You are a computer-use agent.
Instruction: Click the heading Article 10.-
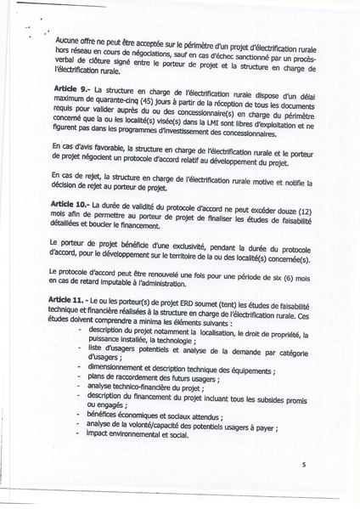(70, 206)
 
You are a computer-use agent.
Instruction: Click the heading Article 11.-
(70, 303)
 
